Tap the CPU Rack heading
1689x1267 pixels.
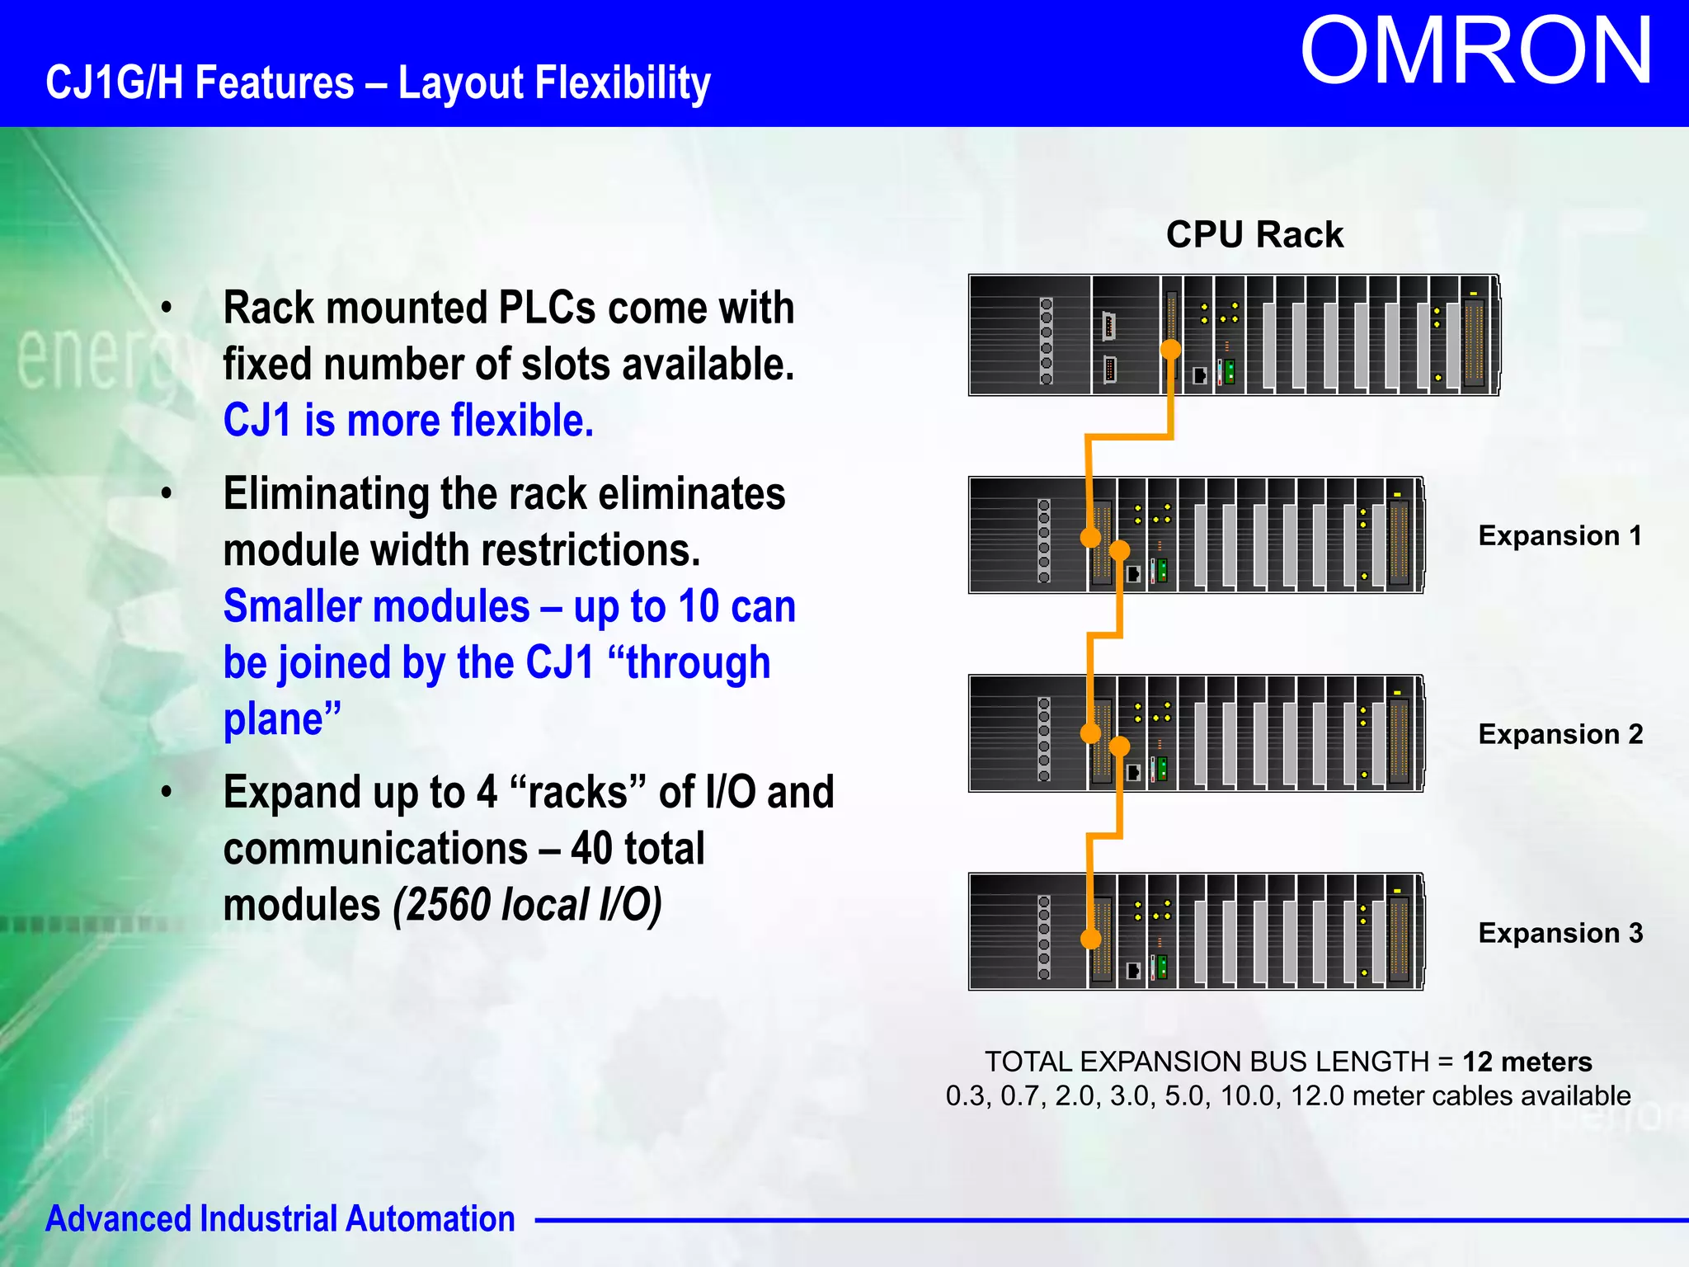click(x=1254, y=235)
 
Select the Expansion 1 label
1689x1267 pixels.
click(x=1560, y=536)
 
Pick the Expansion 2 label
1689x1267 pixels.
click(x=1560, y=734)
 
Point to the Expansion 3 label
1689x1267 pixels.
click(x=1560, y=933)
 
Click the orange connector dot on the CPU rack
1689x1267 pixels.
click(x=1170, y=350)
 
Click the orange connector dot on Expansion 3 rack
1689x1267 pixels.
click(x=1090, y=939)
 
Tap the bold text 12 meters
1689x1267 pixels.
click(x=1527, y=1062)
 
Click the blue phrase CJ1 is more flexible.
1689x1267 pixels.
click(x=408, y=421)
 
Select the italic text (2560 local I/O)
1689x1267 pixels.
click(x=527, y=905)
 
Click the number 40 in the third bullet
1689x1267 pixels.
click(x=591, y=849)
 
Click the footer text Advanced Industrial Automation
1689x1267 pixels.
click(x=280, y=1219)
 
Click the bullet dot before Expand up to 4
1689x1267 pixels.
click(x=167, y=793)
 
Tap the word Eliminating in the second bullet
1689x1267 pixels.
click(x=326, y=494)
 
